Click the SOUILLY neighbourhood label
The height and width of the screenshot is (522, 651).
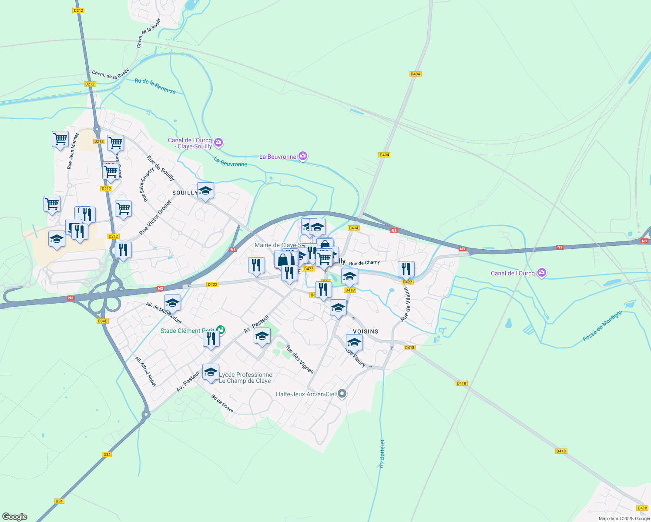(x=185, y=193)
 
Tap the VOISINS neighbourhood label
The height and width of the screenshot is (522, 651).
(x=366, y=331)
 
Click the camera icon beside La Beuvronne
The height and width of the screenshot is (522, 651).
(x=303, y=156)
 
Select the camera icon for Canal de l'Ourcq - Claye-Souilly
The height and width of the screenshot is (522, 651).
(x=218, y=142)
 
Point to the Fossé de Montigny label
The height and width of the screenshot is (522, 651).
(x=602, y=326)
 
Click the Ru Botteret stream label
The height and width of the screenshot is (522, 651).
(x=382, y=454)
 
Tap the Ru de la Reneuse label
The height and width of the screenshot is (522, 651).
(x=155, y=86)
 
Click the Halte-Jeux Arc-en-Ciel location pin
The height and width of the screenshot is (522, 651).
(x=342, y=394)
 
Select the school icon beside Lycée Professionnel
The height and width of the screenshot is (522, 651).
(x=211, y=372)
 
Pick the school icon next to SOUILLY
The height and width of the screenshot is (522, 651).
(x=205, y=191)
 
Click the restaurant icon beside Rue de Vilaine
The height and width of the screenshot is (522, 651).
(x=406, y=269)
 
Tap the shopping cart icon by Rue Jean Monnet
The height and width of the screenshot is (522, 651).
(x=60, y=139)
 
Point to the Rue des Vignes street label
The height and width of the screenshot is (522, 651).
(x=299, y=359)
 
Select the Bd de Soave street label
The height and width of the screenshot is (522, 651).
(x=222, y=404)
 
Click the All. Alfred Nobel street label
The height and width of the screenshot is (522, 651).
(x=145, y=372)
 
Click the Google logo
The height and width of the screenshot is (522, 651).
(x=15, y=517)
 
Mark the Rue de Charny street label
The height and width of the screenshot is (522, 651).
(x=364, y=263)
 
